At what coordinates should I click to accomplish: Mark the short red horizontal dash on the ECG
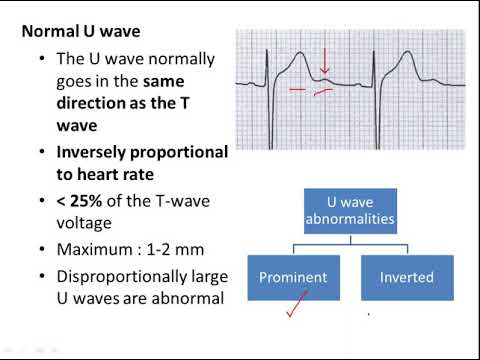(298, 89)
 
